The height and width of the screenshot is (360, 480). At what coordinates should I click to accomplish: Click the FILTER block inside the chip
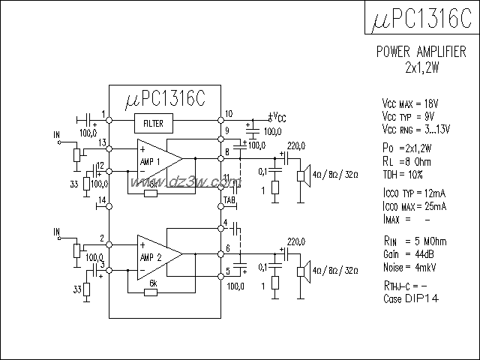154,122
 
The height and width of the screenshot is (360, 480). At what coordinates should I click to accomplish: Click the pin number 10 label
229,114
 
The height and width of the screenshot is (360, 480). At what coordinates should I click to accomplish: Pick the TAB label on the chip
229,201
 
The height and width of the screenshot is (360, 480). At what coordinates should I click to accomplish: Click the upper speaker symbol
304,176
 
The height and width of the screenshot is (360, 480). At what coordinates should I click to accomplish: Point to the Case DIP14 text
409,298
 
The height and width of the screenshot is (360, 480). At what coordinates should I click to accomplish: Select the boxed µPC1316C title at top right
421,20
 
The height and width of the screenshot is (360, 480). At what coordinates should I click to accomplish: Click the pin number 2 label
101,239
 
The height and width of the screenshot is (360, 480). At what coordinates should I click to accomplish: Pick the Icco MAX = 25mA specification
415,206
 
